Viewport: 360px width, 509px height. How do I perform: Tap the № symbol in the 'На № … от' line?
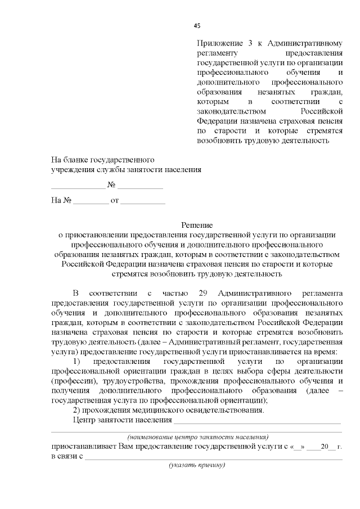66,200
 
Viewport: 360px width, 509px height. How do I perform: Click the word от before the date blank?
115,200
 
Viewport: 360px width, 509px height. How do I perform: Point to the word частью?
174,293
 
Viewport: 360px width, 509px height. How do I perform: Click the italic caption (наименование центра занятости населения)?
197,436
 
